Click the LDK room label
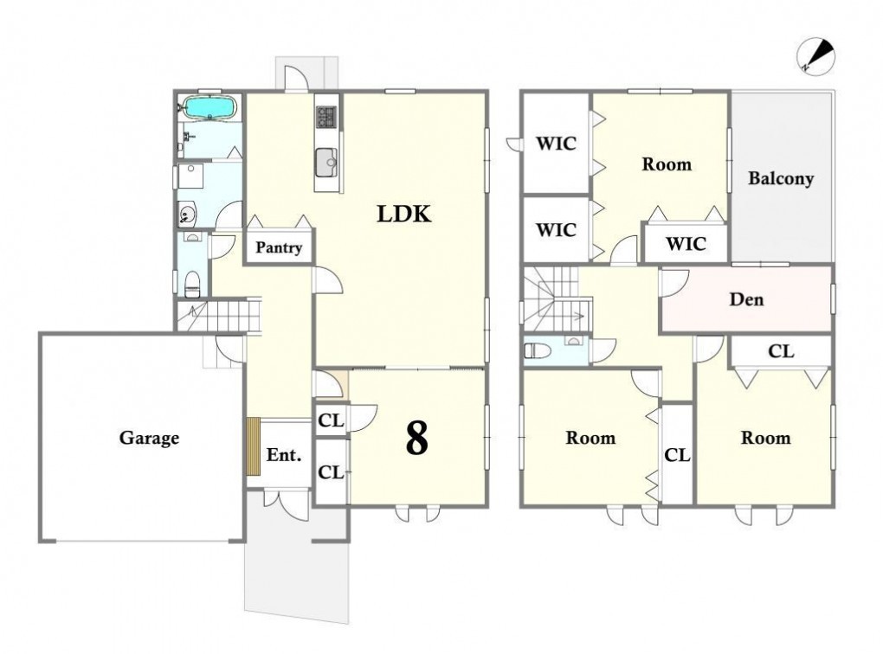coord(404,214)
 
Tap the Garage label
coord(149,438)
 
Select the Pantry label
coord(279,247)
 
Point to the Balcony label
coord(781,179)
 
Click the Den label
coord(747,299)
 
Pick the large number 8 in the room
coord(416,439)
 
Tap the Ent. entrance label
coord(284,455)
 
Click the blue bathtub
coord(209,107)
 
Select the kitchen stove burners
coord(326,117)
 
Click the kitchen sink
coord(326,162)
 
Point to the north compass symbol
coord(815,57)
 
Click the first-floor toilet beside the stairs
coord(192,285)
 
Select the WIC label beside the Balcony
coord(686,244)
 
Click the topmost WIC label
coord(557,144)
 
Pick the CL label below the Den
coord(781,352)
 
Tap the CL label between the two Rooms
coord(677,455)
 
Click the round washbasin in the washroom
coord(186,214)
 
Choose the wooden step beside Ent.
coord(254,446)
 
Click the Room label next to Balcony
coord(667,164)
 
